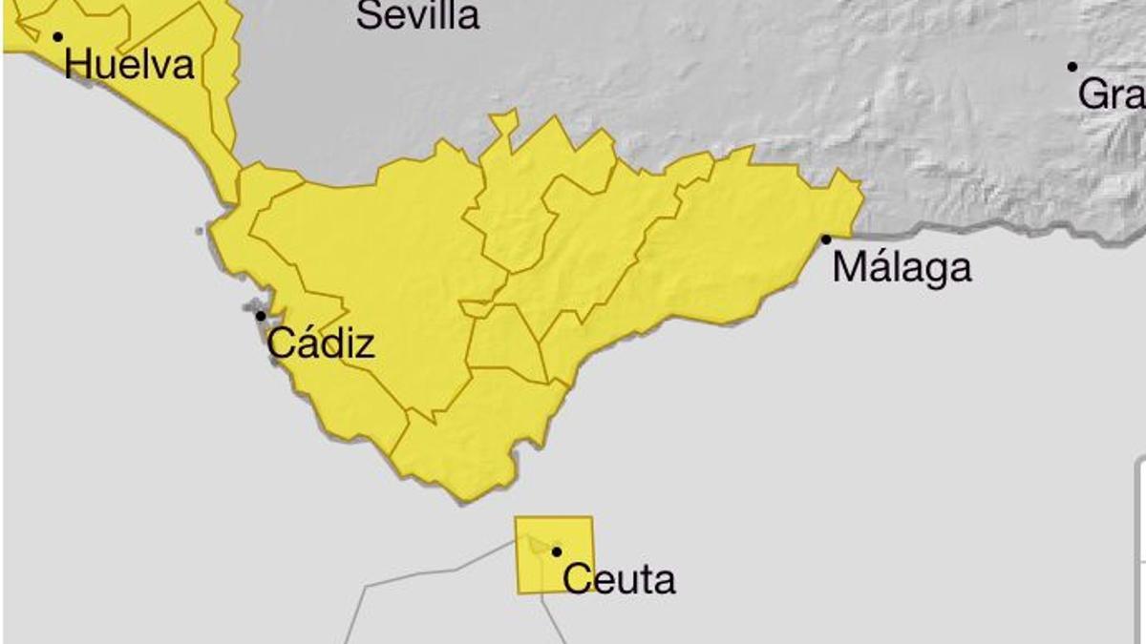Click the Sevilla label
click(417, 14)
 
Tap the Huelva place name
click(130, 65)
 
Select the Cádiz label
click(321, 343)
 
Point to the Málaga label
click(902, 267)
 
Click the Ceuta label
click(620, 579)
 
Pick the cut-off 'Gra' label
click(1112, 94)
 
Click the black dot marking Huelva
click(57, 37)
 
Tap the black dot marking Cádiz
click(260, 316)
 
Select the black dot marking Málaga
click(826, 239)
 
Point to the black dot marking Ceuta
click(557, 551)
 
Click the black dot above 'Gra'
click(1072, 67)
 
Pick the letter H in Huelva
click(78, 65)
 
